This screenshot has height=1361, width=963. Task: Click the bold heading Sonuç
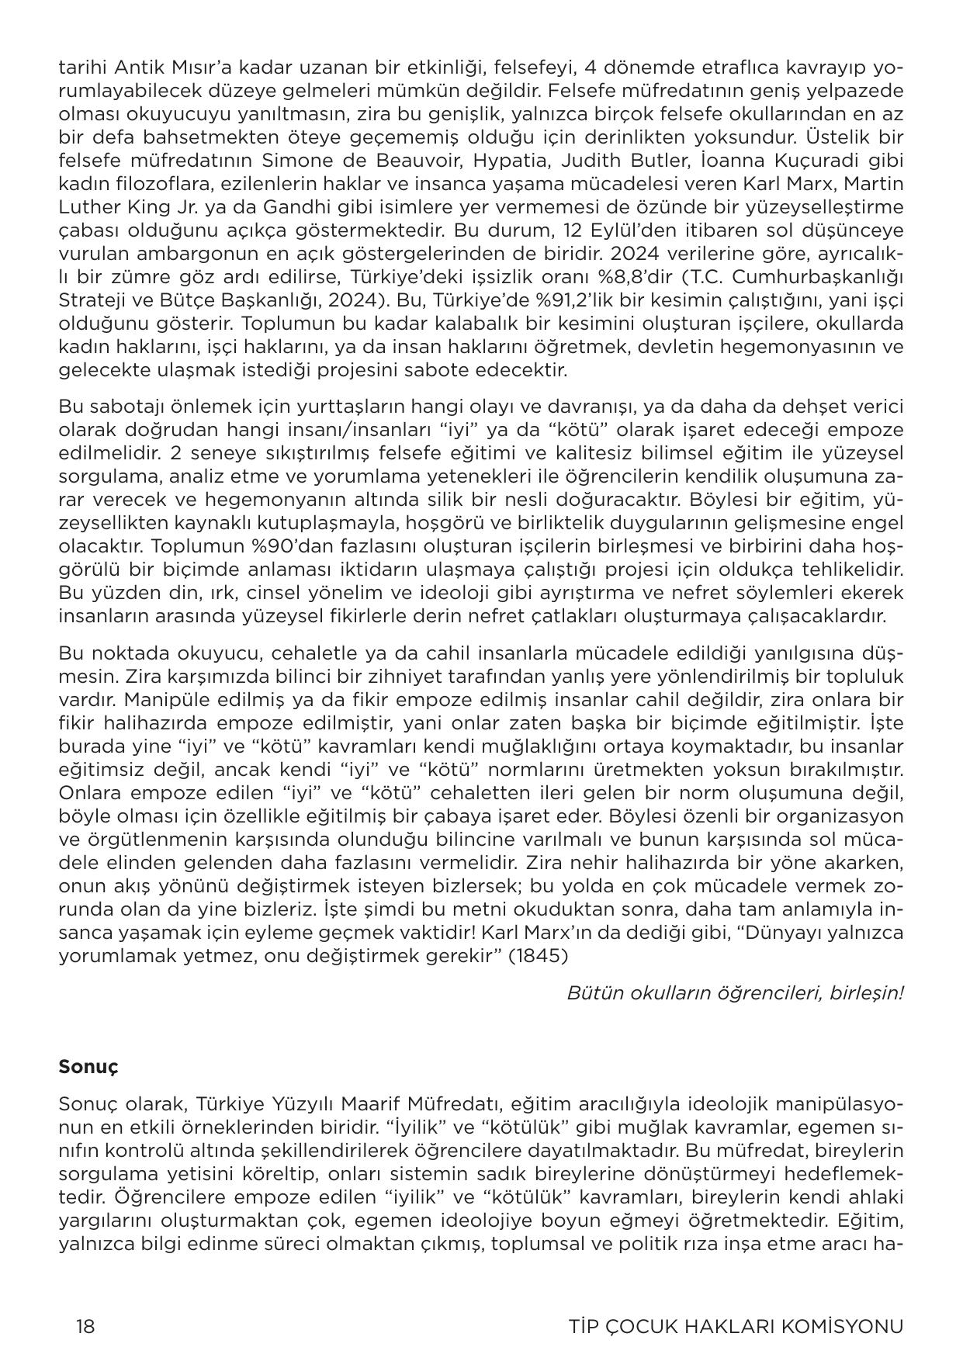[x=88, y=1066]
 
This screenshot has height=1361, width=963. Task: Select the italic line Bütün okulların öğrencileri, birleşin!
[x=734, y=992]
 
